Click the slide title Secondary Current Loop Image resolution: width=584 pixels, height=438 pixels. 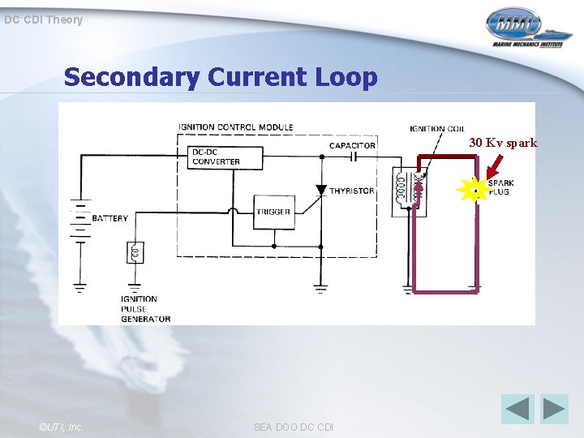(x=221, y=77)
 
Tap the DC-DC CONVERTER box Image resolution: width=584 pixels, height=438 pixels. (x=226, y=157)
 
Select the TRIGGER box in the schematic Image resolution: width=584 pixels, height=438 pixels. (x=273, y=212)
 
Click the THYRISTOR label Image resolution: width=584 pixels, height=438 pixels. (x=351, y=191)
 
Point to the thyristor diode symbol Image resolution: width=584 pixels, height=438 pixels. (x=321, y=191)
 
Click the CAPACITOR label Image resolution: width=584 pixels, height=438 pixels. (x=352, y=145)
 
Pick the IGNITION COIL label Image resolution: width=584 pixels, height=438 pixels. (x=437, y=128)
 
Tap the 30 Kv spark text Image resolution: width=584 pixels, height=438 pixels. (x=503, y=143)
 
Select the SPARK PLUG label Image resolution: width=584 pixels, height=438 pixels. (x=500, y=187)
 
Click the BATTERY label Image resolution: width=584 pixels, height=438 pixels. (x=110, y=218)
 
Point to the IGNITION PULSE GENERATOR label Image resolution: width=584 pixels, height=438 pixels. (x=146, y=309)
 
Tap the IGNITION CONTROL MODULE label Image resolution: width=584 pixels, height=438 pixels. (x=236, y=127)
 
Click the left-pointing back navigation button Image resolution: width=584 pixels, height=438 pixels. (x=517, y=408)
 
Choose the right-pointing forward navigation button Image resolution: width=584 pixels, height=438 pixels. (x=555, y=408)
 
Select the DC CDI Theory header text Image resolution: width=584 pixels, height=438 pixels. (x=43, y=19)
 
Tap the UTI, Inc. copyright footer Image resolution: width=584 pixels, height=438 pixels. (x=60, y=427)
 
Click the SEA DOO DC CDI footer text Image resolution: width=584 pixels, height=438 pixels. (x=293, y=427)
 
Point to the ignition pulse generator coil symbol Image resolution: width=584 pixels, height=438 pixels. (x=135, y=253)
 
